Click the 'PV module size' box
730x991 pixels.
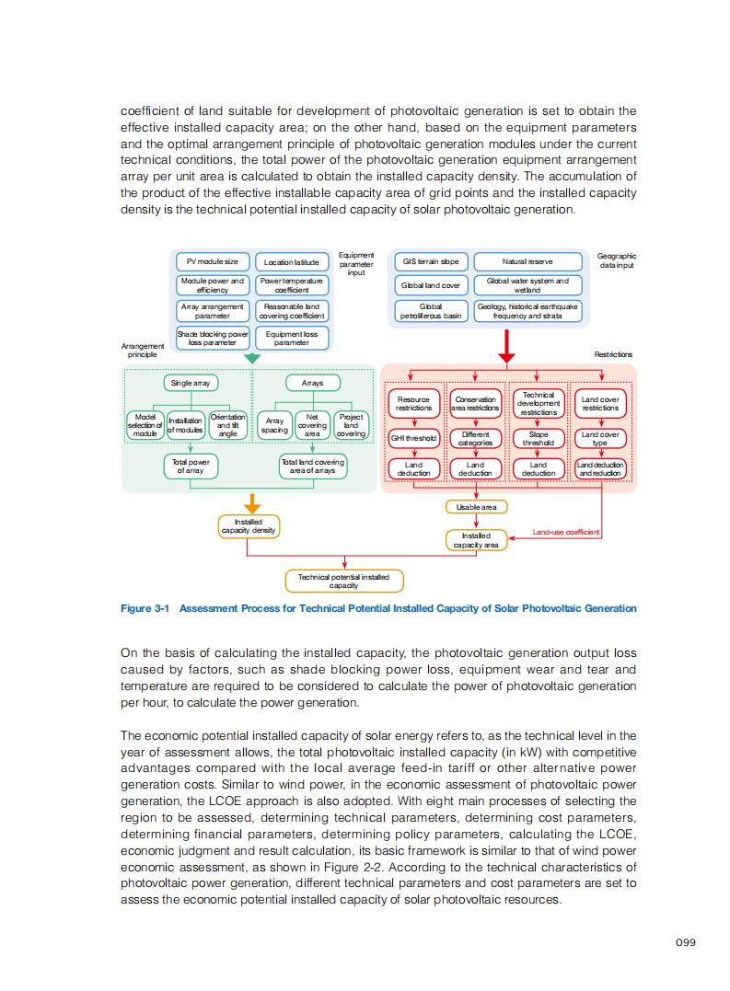coord(213,262)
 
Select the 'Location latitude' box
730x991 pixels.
coord(291,262)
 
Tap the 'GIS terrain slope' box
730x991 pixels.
coord(431,262)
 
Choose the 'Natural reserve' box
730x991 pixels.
coord(527,262)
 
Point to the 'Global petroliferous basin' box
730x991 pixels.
coord(431,311)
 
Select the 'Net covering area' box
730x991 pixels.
coord(312,424)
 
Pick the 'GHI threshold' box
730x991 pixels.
coord(413,438)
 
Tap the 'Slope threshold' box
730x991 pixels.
coord(539,438)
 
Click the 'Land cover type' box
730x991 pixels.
coord(600,438)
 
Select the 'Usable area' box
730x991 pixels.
coord(476,507)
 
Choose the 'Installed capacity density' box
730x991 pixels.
coord(249,526)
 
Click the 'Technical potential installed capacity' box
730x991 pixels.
coord(344,582)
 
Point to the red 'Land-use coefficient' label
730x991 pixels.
coord(566,532)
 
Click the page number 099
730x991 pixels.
coord(684,941)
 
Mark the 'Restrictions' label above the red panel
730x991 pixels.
coord(613,354)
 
